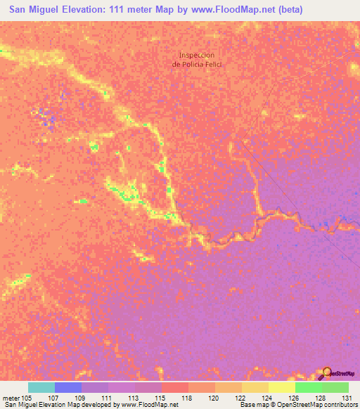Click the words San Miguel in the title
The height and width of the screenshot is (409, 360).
[x=34, y=9]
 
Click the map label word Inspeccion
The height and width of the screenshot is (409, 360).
[x=196, y=55]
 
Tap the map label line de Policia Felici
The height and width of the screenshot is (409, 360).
[x=196, y=64]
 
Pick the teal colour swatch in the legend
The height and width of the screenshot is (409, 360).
[x=41, y=387]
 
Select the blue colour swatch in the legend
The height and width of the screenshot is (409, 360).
[x=68, y=387]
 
